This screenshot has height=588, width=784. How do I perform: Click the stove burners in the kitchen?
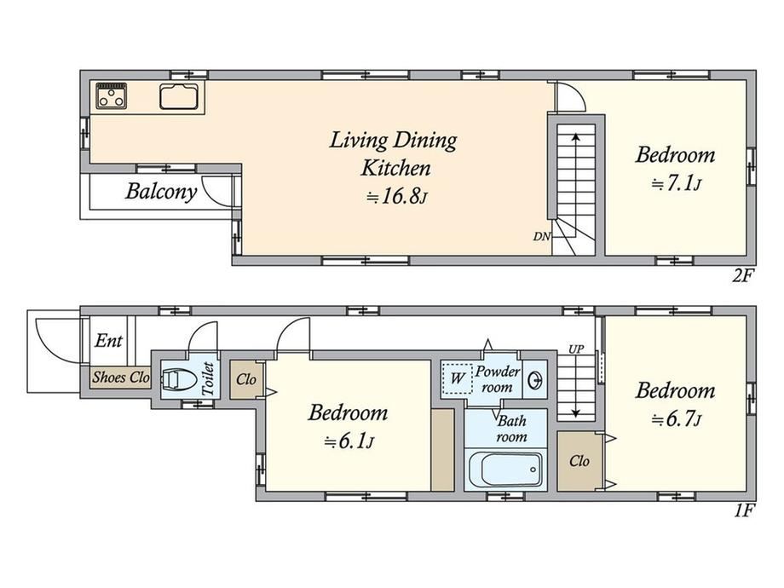tap(112, 95)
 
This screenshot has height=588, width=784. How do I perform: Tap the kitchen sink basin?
tap(179, 96)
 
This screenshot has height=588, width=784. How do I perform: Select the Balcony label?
tap(161, 192)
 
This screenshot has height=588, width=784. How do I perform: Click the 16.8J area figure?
tap(395, 197)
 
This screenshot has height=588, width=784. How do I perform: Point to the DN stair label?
tap(541, 237)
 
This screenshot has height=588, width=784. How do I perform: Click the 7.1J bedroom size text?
tap(676, 185)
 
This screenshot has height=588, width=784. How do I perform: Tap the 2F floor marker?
tap(743, 275)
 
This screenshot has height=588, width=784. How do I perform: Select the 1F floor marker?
tap(744, 511)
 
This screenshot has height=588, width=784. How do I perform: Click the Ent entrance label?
tap(108, 341)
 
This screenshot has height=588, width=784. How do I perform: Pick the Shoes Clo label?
tap(121, 377)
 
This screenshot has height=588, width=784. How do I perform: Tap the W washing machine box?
tap(457, 378)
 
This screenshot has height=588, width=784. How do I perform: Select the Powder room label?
tap(497, 379)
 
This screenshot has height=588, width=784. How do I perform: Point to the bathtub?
tap(505, 470)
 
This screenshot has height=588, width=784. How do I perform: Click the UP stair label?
tap(576, 349)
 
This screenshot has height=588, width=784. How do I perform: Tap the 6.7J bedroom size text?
tap(676, 420)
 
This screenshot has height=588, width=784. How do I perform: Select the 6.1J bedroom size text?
tap(349, 442)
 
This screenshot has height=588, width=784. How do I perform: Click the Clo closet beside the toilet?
tap(246, 379)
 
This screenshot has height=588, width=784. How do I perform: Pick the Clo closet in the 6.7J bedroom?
tap(579, 460)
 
